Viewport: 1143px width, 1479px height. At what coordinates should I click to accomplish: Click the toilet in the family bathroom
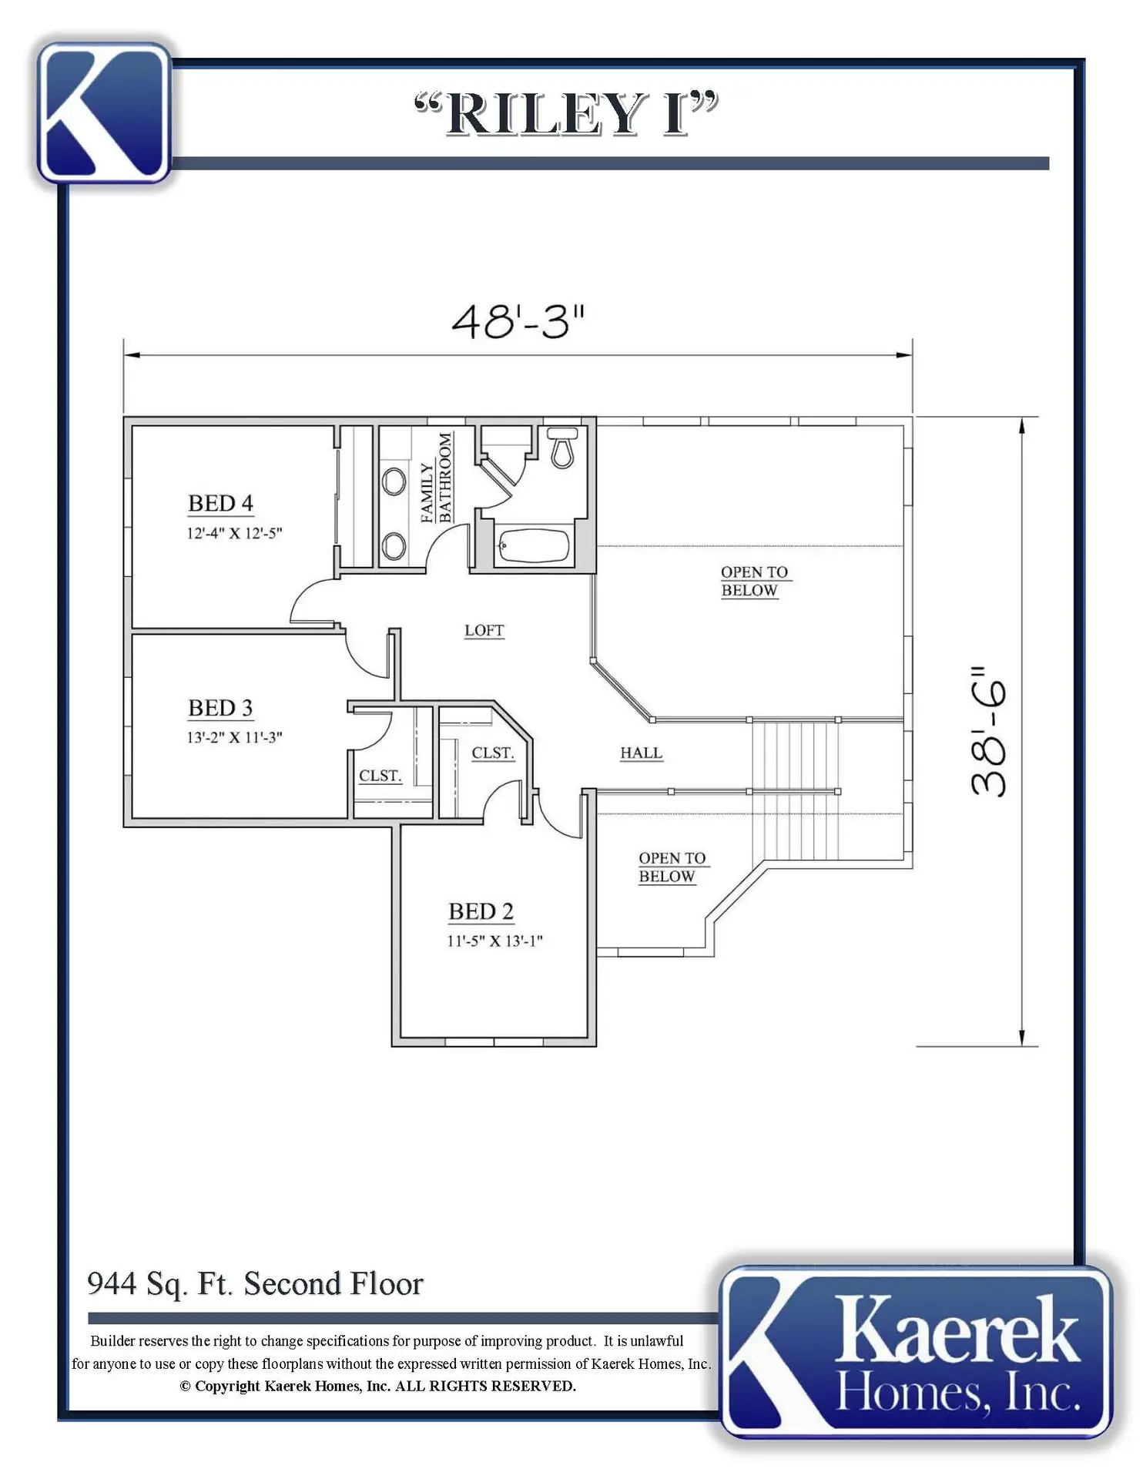(x=562, y=448)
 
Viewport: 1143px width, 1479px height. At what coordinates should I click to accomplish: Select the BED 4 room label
(x=220, y=503)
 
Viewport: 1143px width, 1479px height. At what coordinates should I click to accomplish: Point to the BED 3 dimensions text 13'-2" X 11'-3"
(x=234, y=737)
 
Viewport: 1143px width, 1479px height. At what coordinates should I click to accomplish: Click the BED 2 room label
(x=481, y=911)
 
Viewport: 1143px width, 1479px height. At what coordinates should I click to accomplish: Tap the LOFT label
(x=484, y=630)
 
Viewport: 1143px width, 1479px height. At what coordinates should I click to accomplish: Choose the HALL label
(x=641, y=753)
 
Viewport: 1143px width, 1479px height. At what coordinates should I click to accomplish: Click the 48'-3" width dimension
(x=518, y=321)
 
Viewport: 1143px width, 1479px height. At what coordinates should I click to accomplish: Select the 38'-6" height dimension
(x=988, y=732)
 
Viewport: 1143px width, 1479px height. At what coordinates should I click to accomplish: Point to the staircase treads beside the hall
(x=795, y=790)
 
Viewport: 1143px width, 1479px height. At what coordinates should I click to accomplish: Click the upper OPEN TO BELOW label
(x=754, y=581)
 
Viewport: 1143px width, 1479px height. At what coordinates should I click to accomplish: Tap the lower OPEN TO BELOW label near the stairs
(x=672, y=867)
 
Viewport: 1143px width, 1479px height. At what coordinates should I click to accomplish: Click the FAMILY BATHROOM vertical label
(x=436, y=478)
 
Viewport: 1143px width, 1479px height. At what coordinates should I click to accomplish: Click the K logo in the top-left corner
(x=104, y=112)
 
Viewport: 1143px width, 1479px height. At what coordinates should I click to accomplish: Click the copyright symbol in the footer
(x=185, y=1387)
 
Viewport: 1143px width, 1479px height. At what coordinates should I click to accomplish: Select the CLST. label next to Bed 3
(x=380, y=775)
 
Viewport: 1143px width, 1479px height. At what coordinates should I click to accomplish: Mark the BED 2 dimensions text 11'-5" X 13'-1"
(x=494, y=941)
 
